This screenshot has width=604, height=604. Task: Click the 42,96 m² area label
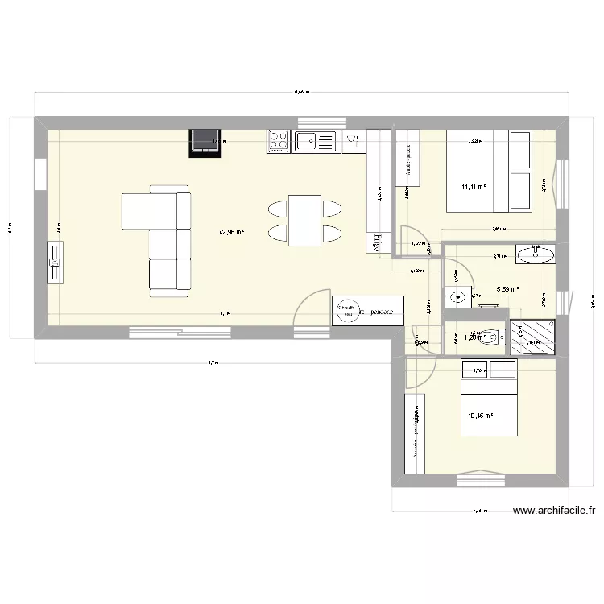click(x=232, y=232)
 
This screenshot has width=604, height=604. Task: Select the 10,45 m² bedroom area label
click(x=480, y=416)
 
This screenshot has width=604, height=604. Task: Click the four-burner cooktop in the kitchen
click(x=279, y=142)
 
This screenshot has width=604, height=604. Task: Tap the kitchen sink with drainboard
click(x=315, y=142)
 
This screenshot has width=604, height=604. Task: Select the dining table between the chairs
click(x=304, y=221)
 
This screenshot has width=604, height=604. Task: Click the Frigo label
click(x=375, y=242)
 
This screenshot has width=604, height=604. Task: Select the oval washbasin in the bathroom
click(x=536, y=255)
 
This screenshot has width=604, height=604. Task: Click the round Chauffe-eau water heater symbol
click(x=348, y=310)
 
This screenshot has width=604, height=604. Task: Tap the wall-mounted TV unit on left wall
click(x=55, y=263)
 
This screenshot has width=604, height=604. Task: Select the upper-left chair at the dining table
click(x=277, y=209)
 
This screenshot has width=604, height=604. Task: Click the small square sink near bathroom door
click(x=459, y=296)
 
